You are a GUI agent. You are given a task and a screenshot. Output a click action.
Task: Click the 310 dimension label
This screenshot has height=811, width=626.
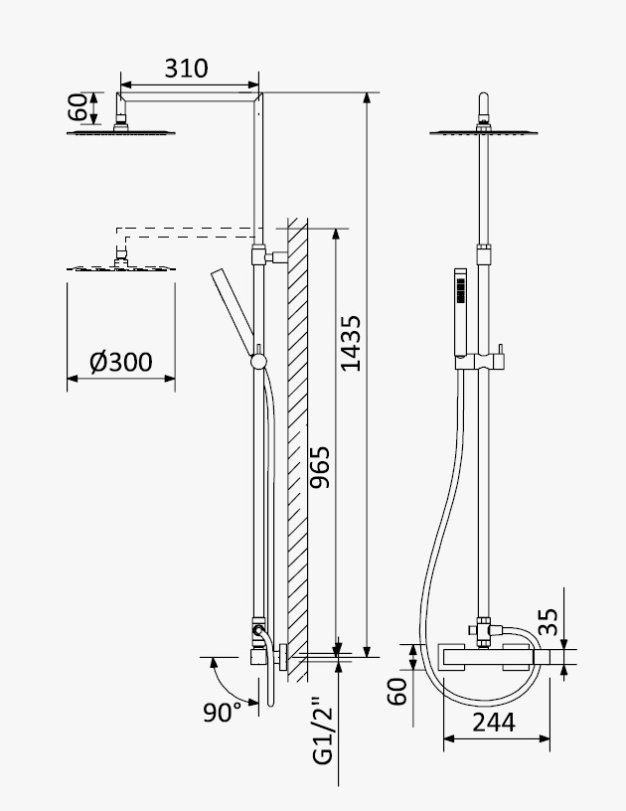186,69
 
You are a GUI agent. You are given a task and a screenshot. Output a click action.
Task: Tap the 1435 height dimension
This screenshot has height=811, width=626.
351,344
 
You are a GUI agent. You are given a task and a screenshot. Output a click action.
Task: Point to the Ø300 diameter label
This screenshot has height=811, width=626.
121,362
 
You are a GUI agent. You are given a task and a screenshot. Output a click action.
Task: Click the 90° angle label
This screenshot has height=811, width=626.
223,713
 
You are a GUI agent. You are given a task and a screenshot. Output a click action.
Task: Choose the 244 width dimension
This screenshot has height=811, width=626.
494,722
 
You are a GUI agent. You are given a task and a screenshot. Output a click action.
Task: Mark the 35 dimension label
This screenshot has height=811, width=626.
548,622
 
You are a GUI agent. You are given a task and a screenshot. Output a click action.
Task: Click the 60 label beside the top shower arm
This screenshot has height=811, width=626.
78,107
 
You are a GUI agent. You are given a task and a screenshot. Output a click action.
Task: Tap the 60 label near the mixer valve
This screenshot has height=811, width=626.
397,692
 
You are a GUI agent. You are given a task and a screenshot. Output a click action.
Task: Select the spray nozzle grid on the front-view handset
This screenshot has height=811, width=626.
461,290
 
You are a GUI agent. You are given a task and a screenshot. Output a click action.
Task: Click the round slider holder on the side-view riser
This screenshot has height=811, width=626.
259,361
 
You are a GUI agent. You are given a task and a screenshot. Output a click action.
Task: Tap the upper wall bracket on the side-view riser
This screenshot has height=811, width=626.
270,255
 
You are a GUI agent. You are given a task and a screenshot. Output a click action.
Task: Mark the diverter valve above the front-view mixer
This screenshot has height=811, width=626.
485,631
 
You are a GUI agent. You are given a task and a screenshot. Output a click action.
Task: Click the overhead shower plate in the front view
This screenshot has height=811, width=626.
483,133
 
